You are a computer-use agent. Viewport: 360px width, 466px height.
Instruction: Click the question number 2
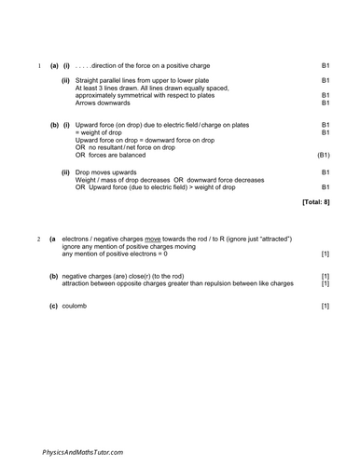(37, 240)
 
